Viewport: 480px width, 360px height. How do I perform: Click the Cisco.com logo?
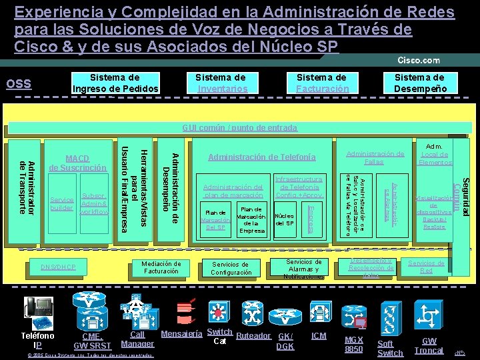(x=419, y=61)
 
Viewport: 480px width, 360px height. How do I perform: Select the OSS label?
(x=18, y=83)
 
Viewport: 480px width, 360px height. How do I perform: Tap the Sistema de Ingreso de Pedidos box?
(x=115, y=83)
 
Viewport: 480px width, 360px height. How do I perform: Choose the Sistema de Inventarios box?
(x=222, y=83)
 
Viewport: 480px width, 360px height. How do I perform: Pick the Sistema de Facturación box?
(x=322, y=83)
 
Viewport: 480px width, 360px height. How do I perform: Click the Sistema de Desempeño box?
(x=419, y=83)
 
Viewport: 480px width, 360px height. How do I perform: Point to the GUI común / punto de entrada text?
(x=239, y=127)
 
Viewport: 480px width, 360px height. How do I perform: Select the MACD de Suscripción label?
(x=77, y=163)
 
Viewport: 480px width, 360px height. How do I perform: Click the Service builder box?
(x=62, y=204)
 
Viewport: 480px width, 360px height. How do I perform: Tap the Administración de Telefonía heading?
(x=262, y=157)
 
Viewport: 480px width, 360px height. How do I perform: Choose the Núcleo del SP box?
(x=285, y=220)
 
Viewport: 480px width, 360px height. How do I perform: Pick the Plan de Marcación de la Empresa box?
(x=251, y=219)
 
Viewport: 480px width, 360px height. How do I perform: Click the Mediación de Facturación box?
(x=161, y=267)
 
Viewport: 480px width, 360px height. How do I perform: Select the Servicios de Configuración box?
(x=231, y=268)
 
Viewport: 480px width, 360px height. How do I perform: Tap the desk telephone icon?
(x=39, y=309)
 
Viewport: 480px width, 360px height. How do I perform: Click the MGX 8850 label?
(x=353, y=344)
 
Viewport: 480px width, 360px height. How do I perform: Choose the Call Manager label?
(x=137, y=339)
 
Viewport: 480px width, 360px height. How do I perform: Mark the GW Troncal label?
(x=429, y=345)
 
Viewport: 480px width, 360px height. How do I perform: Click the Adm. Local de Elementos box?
(x=435, y=153)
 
